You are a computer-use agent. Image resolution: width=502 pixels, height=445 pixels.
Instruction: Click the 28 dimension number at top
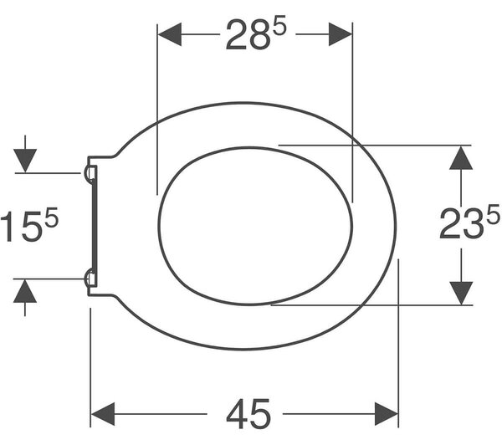tap(247, 35)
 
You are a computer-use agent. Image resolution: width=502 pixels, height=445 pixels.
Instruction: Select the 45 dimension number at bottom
tap(248, 414)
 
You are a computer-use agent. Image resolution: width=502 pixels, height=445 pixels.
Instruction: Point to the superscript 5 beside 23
tap(493, 215)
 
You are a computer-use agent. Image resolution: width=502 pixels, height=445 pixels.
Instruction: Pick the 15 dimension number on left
tap(22, 227)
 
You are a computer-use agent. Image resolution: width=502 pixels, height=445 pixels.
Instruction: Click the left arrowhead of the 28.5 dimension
tap(170, 34)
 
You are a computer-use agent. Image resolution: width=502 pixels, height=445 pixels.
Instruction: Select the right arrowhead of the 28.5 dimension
tap(341, 34)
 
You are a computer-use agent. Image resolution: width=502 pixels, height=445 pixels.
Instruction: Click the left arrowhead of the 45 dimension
tap(103, 414)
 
